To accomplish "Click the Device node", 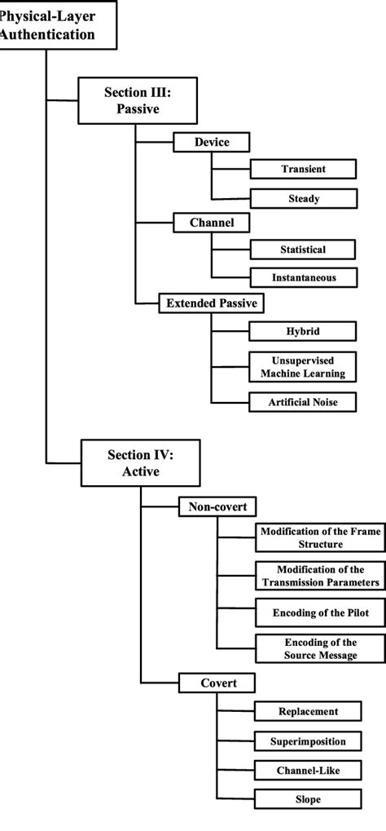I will pyautogui.click(x=211, y=142).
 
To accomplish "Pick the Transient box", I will pyautogui.click(x=303, y=169).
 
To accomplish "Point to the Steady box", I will pyautogui.click(x=303, y=198).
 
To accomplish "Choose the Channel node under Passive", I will pyautogui.click(x=211, y=222).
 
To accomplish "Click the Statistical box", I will pyautogui.click(x=303, y=249).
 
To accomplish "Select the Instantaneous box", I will pyautogui.click(x=303, y=278).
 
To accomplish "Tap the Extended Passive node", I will pyautogui.click(x=211, y=303).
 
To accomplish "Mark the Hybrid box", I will pyautogui.click(x=303, y=331).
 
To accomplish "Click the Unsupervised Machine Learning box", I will pyautogui.click(x=303, y=367).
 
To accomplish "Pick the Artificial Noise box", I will pyautogui.click(x=303, y=402).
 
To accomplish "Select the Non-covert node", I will pyautogui.click(x=217, y=506).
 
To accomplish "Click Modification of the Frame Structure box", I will pyautogui.click(x=319, y=537).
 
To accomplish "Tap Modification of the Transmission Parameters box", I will pyautogui.click(x=319, y=576).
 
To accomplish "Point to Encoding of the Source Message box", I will pyautogui.click(x=319, y=648).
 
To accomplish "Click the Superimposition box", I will pyautogui.click(x=319, y=740).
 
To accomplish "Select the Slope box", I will pyautogui.click(x=319, y=799).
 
